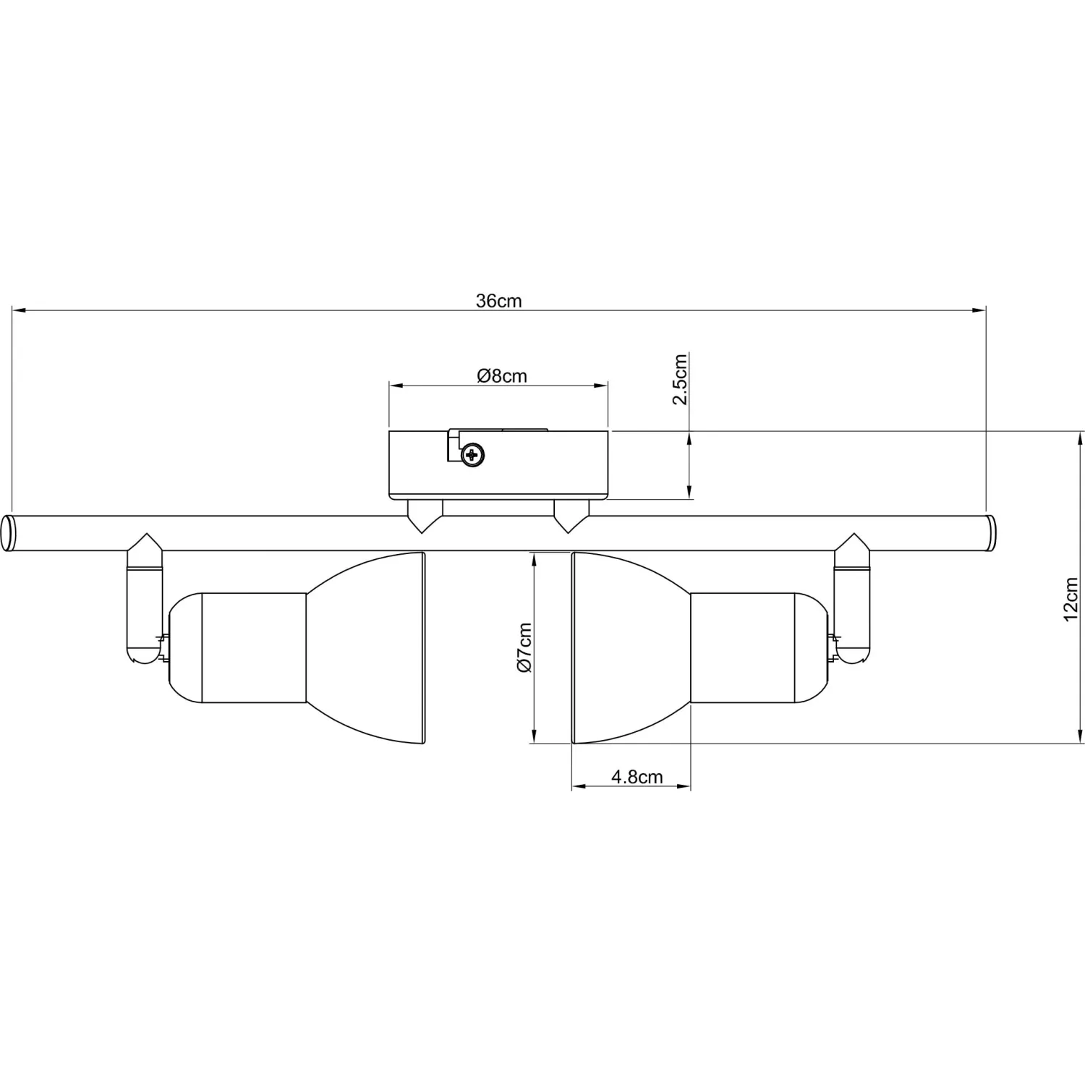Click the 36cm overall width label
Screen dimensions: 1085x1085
pyautogui.click(x=498, y=301)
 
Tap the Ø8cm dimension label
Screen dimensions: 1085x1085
pyautogui.click(x=502, y=376)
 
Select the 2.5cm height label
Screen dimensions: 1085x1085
pyautogui.click(x=680, y=380)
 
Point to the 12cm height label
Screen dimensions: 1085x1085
pyautogui.click(x=1071, y=599)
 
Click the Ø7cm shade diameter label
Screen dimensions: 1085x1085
pyautogui.click(x=524, y=647)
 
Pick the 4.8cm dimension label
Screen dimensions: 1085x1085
pyautogui.click(x=637, y=777)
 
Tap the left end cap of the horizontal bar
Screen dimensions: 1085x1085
pyautogui.click(x=8, y=534)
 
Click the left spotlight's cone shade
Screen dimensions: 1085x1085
pyautogui.click(x=365, y=647)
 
